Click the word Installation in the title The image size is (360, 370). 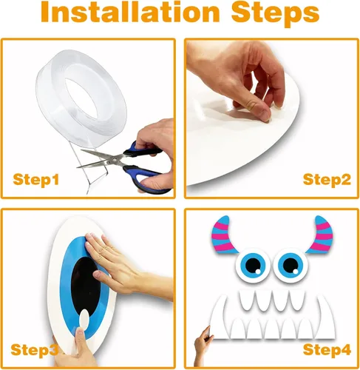(x=130, y=13)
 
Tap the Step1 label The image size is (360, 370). (x=36, y=179)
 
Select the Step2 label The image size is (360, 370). (x=327, y=179)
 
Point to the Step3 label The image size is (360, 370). (x=35, y=349)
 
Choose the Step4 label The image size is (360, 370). (x=327, y=349)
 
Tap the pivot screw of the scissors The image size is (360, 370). (x=115, y=160)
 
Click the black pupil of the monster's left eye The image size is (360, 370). (x=253, y=265)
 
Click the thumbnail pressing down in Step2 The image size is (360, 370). (x=265, y=118)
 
